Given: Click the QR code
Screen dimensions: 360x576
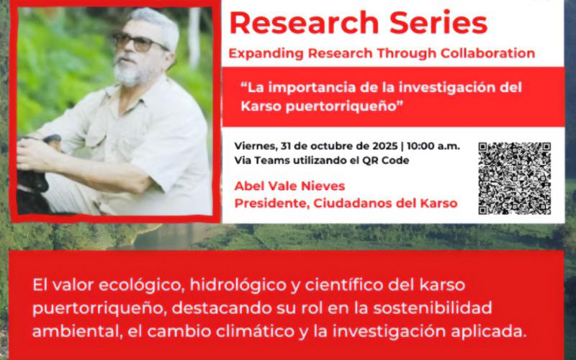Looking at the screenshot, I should (x=515, y=178).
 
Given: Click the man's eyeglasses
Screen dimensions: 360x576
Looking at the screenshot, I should (x=140, y=42).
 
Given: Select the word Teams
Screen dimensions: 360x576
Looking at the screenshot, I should (x=268, y=161).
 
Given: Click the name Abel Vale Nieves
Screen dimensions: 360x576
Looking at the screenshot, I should (x=289, y=186).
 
